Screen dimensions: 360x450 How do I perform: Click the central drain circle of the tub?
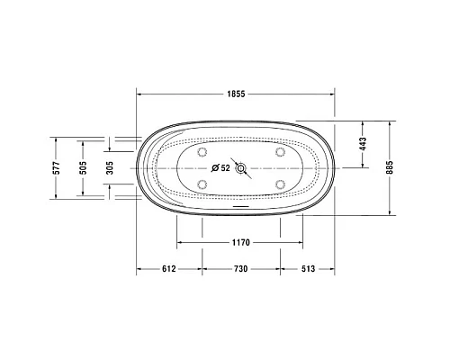tap(240, 167)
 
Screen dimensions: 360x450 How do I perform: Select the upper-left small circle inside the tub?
tap(202, 151)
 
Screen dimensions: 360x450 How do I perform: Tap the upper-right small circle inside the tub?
tap(280, 151)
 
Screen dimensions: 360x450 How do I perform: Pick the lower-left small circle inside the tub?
tap(202, 184)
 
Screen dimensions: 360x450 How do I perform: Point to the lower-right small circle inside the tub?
tap(280, 184)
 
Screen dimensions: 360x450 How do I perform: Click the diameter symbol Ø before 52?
tap(214, 167)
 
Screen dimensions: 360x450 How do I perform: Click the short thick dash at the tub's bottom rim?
tap(240, 205)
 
